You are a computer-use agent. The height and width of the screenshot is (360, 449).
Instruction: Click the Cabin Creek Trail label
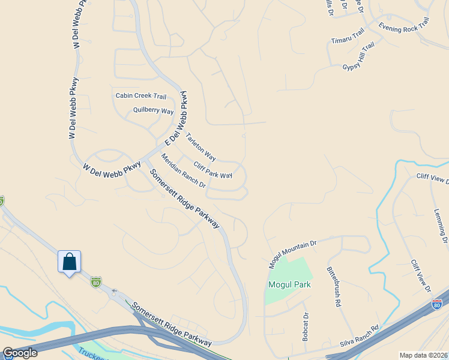(x=140, y=96)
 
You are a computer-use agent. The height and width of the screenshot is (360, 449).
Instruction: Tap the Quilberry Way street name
(x=153, y=111)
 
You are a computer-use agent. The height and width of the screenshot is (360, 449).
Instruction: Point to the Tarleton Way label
(x=200, y=146)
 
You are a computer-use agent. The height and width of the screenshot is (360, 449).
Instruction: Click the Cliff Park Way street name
(x=213, y=170)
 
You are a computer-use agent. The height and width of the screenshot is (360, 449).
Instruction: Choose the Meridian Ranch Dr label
(x=183, y=172)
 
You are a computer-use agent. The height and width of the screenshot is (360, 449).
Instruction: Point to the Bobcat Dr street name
(x=306, y=326)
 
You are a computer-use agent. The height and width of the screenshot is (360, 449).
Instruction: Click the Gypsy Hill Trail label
(x=358, y=55)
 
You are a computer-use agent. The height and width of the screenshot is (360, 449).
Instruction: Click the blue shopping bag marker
(x=69, y=262)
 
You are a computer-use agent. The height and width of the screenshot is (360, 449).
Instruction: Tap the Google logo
(x=20, y=353)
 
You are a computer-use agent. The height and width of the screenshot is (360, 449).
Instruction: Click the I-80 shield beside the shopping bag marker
(x=96, y=281)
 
